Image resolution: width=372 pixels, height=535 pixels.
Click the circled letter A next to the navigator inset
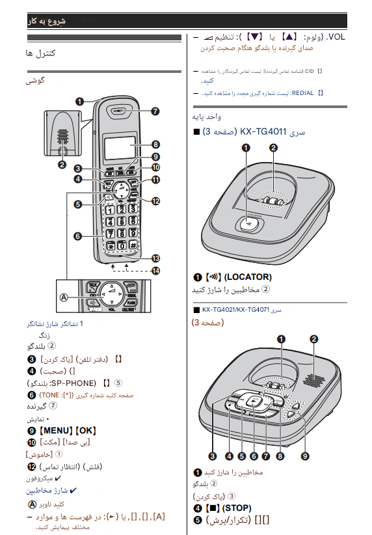[64, 297]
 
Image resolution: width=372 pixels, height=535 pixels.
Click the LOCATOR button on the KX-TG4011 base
[248, 223]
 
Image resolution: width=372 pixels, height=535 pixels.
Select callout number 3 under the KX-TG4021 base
[213, 456]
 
